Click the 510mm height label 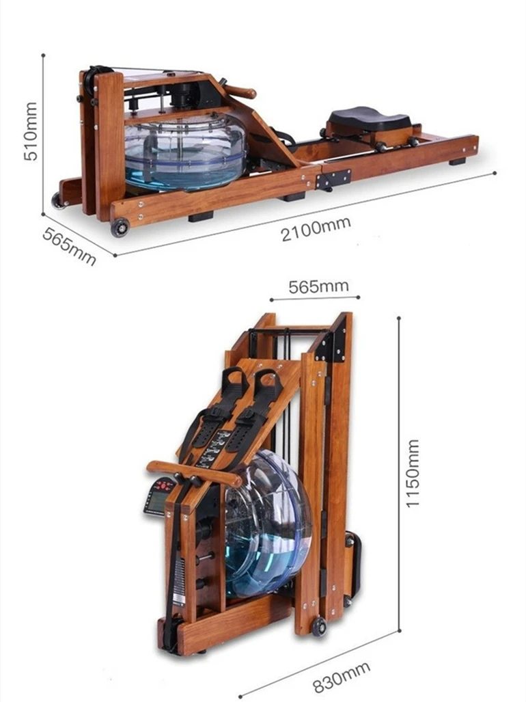pyautogui.click(x=31, y=131)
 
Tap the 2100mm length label pyautogui.click(x=316, y=228)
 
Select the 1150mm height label pyautogui.click(x=412, y=473)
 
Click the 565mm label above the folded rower pyautogui.click(x=318, y=286)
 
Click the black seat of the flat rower pyautogui.click(x=368, y=118)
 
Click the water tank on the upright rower pyautogui.click(x=266, y=523)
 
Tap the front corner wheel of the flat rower pyautogui.click(x=120, y=227)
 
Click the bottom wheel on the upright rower pyautogui.click(x=319, y=626)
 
